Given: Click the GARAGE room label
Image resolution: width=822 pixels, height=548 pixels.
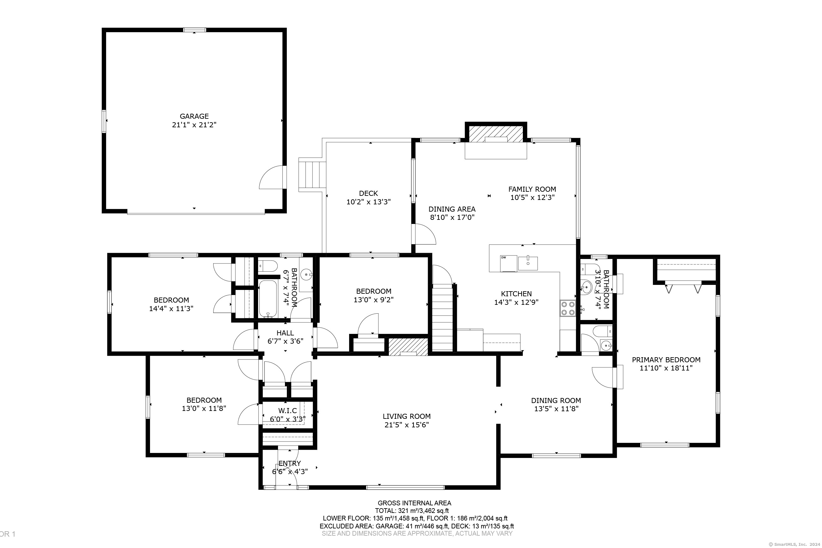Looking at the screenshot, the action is [194, 116].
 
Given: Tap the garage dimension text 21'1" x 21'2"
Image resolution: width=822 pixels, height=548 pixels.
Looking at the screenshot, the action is [194, 125].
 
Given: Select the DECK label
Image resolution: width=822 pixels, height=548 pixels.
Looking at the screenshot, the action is [368, 193].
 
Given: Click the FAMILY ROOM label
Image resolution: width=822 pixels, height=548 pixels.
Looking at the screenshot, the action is [532, 189].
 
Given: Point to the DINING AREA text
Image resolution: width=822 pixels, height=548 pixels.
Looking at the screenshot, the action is [452, 209].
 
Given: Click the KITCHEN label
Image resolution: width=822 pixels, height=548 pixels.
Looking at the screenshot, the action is [516, 294].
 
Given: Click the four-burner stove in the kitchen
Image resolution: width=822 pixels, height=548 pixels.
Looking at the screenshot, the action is [568, 308].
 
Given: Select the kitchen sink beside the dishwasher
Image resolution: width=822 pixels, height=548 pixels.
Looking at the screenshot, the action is [528, 263].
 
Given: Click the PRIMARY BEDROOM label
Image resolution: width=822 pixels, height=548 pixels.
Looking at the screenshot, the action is [666, 360].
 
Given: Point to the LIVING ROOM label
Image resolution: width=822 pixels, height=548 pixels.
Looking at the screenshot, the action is [407, 416].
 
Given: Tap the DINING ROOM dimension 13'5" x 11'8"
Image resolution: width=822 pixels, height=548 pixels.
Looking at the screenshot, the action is [556, 409].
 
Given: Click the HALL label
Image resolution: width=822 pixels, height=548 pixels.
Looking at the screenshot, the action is [285, 333].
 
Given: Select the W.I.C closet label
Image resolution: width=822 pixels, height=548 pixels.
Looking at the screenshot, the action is [287, 411].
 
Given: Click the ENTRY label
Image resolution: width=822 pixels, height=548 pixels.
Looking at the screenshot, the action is [289, 463].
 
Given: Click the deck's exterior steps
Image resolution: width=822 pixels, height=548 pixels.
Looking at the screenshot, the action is [312, 174].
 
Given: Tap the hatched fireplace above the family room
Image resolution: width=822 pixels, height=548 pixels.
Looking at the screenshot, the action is [496, 134].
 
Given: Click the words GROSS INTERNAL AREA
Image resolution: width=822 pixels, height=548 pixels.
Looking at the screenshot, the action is [414, 503].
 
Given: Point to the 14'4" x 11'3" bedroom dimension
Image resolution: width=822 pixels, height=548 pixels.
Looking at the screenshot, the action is [171, 309].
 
